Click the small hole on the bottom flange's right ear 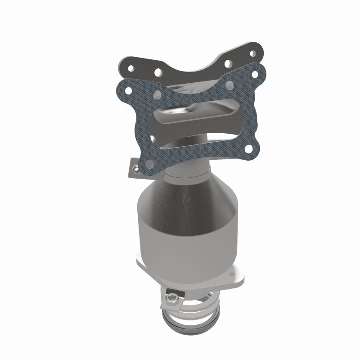[x=233, y=273]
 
